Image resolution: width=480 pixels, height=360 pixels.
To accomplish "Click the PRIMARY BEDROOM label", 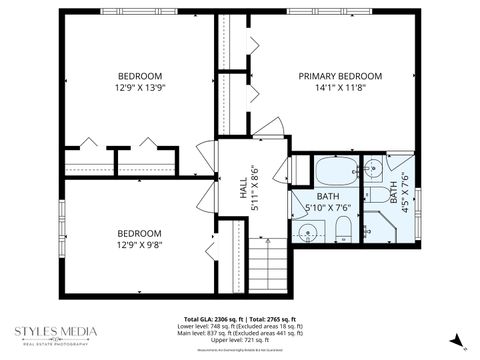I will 340,76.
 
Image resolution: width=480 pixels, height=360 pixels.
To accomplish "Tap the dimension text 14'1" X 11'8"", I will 340,89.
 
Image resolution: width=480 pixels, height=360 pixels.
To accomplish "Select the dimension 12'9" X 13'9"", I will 140,89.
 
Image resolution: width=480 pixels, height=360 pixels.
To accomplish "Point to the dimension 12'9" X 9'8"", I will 140,244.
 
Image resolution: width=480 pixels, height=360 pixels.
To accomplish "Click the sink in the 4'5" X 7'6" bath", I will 372,167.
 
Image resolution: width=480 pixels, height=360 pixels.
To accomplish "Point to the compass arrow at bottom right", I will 457,342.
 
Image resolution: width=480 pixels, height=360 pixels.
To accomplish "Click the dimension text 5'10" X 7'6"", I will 327,208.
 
